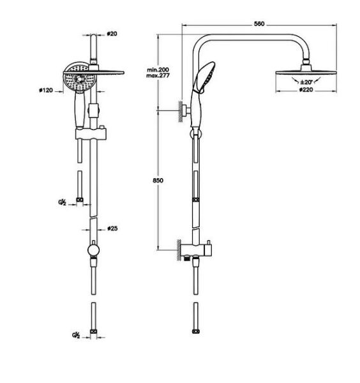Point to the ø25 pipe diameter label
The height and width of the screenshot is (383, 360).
(x=110, y=228)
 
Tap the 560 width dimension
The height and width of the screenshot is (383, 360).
(x=258, y=24)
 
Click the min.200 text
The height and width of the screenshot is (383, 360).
(x=156, y=68)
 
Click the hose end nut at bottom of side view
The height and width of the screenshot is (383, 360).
(x=194, y=333)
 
